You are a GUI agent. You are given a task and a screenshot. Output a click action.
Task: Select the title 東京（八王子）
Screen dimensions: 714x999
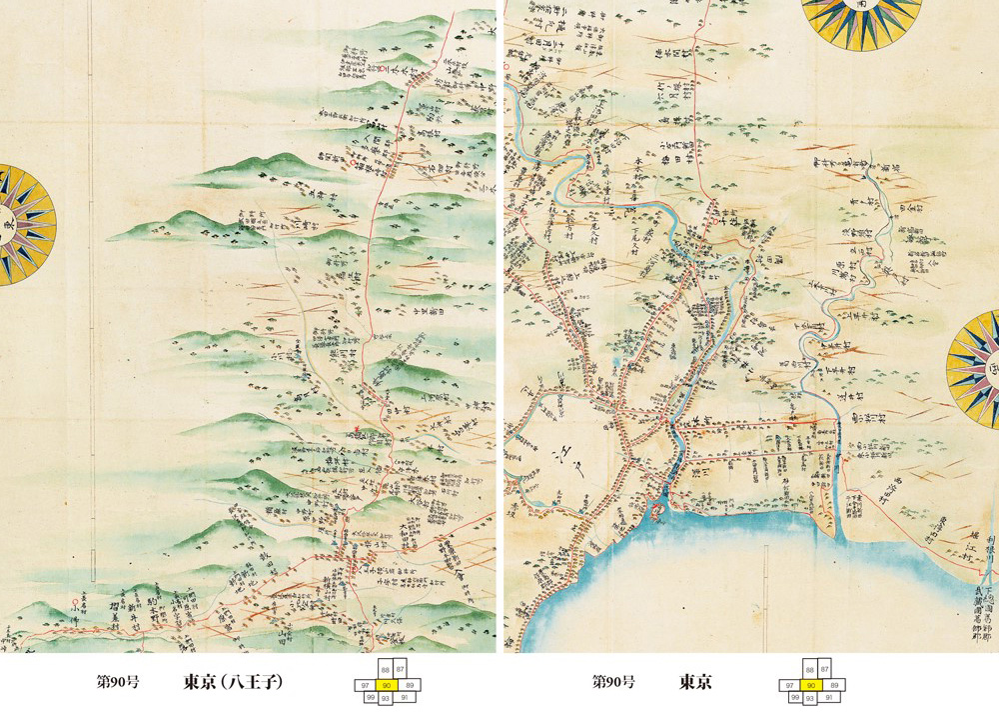[233, 683]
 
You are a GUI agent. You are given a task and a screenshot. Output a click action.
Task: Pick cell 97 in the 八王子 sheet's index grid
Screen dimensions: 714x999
[364, 684]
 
